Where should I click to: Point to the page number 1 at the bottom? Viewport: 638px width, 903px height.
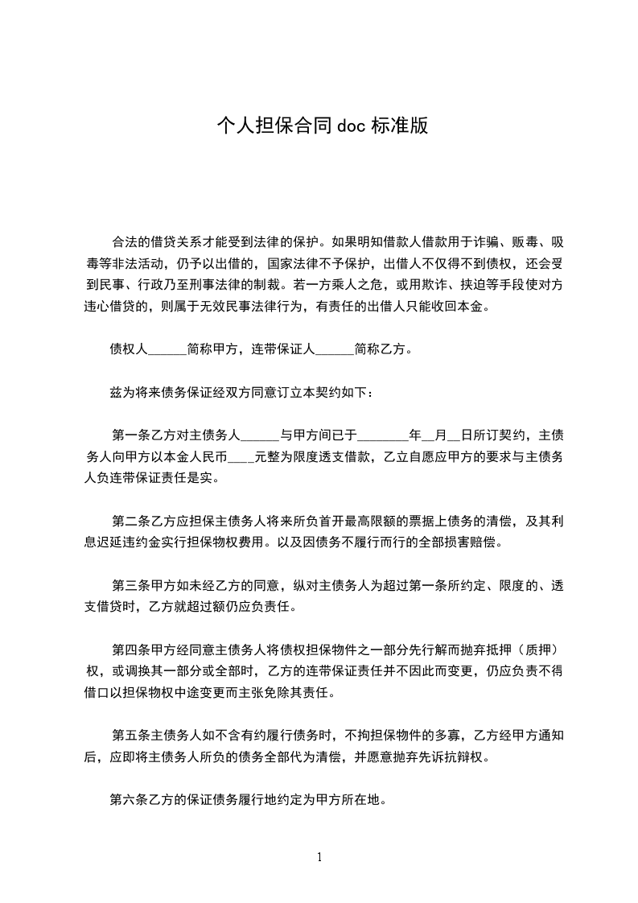tap(319, 856)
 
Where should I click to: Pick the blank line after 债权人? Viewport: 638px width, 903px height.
tap(167, 350)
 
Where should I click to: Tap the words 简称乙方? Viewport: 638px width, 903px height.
tap(381, 350)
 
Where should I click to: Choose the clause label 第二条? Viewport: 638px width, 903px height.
tap(130, 521)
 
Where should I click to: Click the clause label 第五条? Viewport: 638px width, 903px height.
tap(130, 734)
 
